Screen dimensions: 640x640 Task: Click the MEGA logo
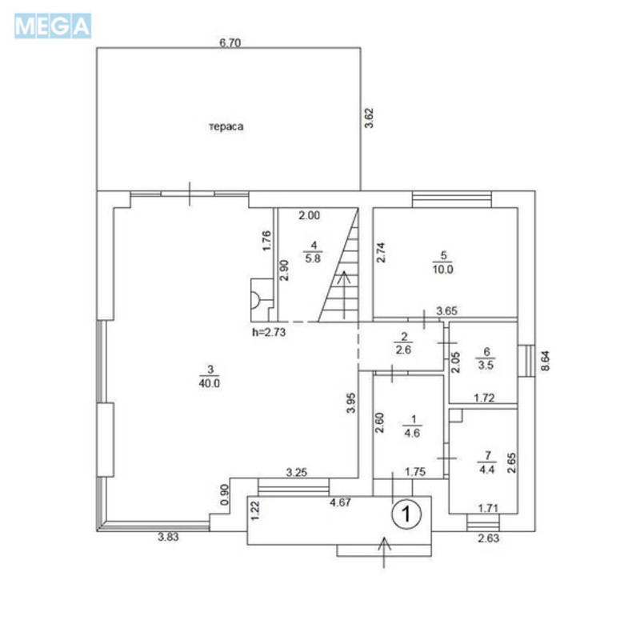click(x=53, y=26)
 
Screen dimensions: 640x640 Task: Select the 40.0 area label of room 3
click(x=210, y=383)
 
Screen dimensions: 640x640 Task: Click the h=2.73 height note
click(x=268, y=330)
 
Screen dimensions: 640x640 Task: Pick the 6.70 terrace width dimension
click(x=230, y=43)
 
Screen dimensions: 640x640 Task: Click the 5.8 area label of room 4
click(x=314, y=259)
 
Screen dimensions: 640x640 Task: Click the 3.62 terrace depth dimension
click(x=368, y=122)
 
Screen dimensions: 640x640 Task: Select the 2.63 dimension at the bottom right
click(x=487, y=538)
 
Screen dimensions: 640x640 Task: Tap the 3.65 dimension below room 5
click(x=446, y=310)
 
